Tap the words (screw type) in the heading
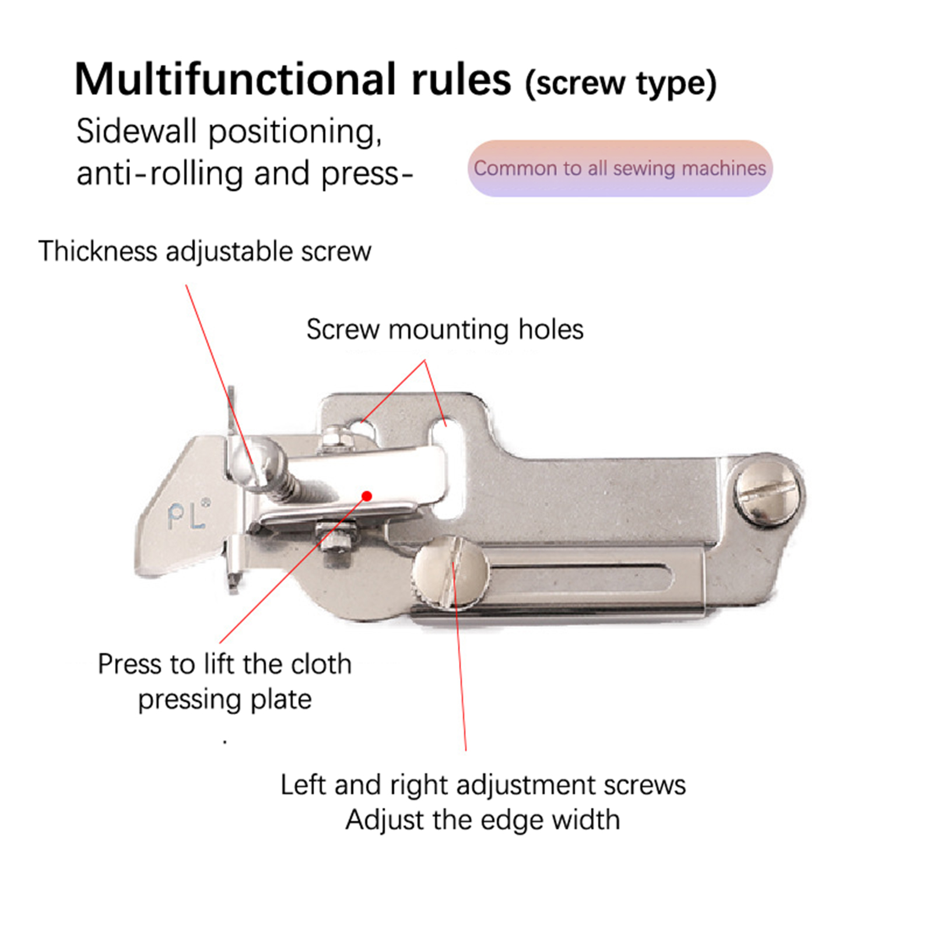point(620,84)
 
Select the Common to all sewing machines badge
point(620,168)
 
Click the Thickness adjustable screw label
point(205,252)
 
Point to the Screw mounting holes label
point(445,329)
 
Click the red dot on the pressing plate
point(367,496)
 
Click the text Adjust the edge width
point(482,820)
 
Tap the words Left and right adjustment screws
point(483,785)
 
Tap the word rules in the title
point(461,79)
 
